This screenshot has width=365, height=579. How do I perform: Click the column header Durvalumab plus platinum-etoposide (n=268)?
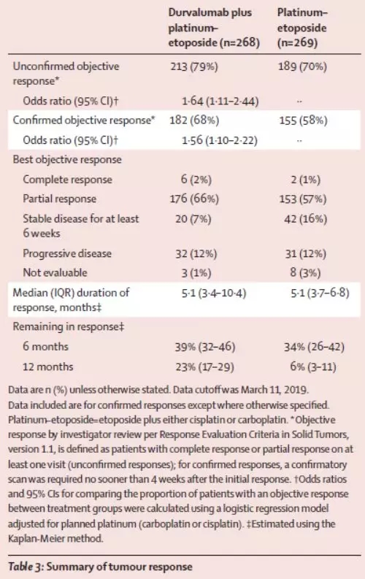click(x=214, y=28)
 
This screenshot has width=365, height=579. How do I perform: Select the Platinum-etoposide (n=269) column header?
click(x=302, y=28)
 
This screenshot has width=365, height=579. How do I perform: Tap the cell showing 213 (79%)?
click(x=194, y=67)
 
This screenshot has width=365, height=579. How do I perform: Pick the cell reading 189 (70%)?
click(x=303, y=67)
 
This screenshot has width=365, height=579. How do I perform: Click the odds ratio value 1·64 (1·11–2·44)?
click(x=220, y=101)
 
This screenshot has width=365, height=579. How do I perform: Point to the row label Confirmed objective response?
click(x=84, y=120)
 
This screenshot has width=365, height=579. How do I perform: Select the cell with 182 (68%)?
click(x=194, y=120)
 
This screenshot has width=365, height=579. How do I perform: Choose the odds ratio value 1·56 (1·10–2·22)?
click(x=220, y=140)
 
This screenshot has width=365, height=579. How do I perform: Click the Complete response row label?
click(x=68, y=180)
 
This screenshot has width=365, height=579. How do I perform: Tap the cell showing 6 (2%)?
click(x=196, y=180)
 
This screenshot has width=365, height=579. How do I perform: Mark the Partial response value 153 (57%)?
click(x=303, y=199)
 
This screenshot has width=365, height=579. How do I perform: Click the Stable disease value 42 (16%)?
click(x=306, y=219)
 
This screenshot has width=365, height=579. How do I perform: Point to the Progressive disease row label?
click(x=67, y=253)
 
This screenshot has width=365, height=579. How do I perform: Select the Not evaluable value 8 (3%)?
click(x=305, y=273)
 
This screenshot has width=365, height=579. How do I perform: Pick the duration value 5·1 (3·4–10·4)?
click(x=214, y=294)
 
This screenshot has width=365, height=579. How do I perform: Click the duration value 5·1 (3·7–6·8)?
click(x=320, y=294)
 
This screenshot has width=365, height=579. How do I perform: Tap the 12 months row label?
click(x=48, y=367)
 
